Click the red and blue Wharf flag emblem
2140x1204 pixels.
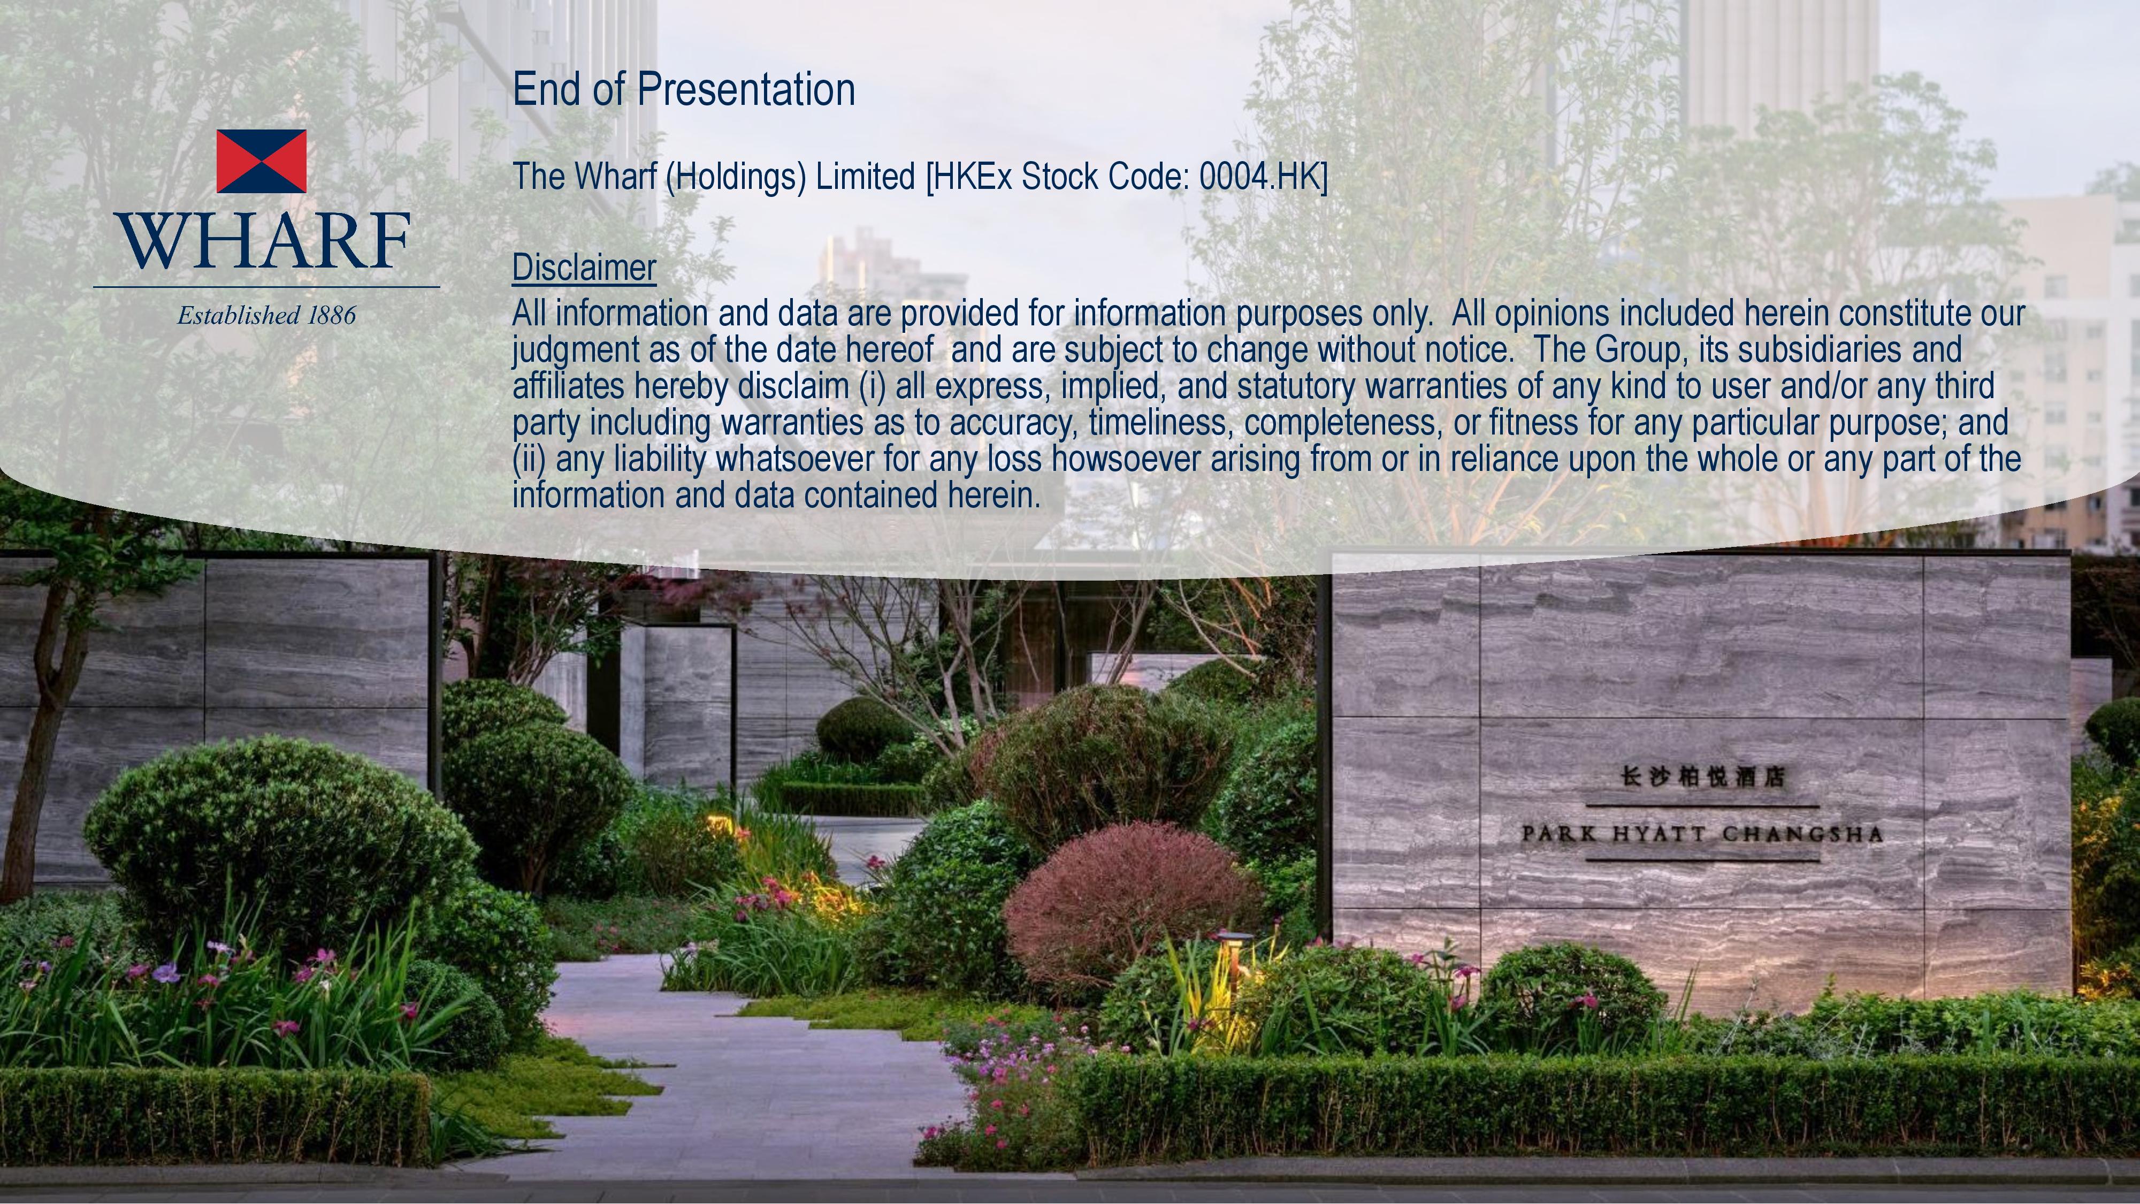(261, 161)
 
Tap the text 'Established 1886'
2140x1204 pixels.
(266, 315)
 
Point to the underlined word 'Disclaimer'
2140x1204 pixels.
(584, 268)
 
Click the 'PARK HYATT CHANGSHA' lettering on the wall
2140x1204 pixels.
(1702, 833)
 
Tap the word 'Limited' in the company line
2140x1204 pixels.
(865, 176)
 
